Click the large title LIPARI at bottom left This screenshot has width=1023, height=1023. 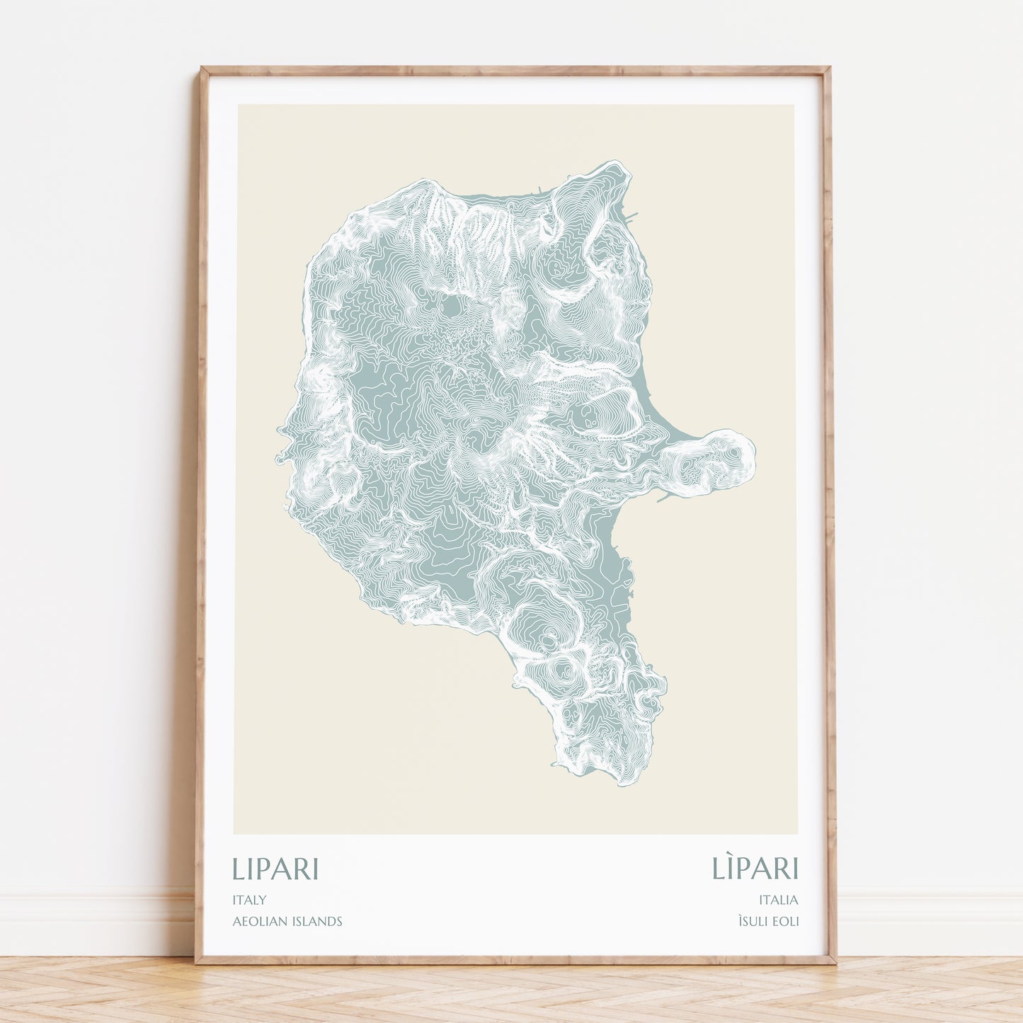pos(275,869)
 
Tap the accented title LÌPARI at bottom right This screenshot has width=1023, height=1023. pos(755,868)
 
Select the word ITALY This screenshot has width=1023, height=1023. pos(249,900)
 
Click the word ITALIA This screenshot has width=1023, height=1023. pos(778,900)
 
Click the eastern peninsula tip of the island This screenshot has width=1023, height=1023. pos(753,453)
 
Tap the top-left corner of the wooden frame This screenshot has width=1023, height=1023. pos(202,69)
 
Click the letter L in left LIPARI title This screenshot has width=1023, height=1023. pos(239,869)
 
